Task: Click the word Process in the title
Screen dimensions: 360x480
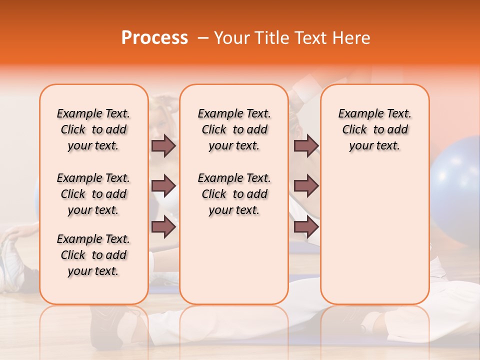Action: pos(154,38)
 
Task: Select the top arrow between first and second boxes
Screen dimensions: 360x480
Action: pos(163,146)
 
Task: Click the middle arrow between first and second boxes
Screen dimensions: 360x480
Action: pos(163,186)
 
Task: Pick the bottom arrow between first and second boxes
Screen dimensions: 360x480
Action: pos(163,227)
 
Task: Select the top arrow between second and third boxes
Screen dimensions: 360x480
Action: pos(306,146)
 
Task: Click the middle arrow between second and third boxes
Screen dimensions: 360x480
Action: pos(306,186)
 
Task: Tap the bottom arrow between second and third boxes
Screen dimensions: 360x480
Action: pos(306,227)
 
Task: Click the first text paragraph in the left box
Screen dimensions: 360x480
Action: pos(93,129)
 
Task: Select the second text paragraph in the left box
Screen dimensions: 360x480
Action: pos(93,194)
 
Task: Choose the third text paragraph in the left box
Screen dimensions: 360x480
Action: pos(93,255)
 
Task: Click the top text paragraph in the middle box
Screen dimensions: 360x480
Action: pos(234,129)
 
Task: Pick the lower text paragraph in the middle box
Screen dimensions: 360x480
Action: pos(234,194)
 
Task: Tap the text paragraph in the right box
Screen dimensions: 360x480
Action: pos(374,129)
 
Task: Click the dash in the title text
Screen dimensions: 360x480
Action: pos(203,38)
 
